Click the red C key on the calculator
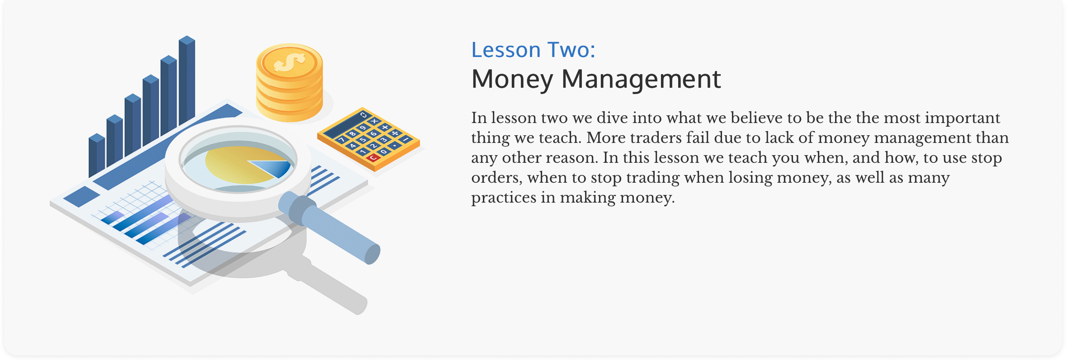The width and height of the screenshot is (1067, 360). [373, 158]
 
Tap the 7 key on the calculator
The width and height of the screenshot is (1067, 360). [342, 140]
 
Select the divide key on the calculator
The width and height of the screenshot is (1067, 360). [395, 133]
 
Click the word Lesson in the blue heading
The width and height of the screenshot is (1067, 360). [506, 50]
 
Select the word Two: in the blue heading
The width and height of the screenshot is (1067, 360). [571, 50]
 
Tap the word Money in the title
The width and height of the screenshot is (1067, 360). [512, 80]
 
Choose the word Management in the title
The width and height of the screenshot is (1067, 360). [641, 80]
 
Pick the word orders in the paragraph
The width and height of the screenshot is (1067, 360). [495, 178]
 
